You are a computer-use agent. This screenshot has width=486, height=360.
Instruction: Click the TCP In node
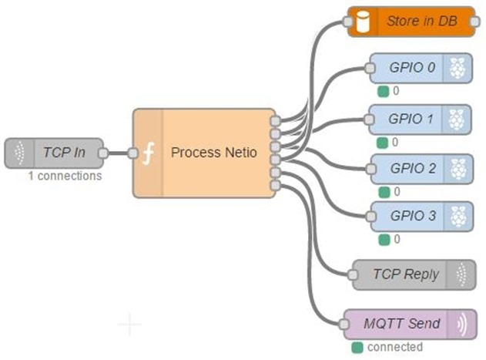tap(57, 153)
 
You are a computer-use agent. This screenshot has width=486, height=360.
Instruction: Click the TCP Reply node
tap(413, 274)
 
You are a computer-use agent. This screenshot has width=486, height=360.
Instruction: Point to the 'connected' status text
tap(394, 347)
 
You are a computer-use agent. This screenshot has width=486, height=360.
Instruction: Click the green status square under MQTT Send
tap(357, 347)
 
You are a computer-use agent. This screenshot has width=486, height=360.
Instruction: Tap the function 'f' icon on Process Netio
tap(149, 153)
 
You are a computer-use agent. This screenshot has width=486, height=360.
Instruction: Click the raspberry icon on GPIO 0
tap(458, 68)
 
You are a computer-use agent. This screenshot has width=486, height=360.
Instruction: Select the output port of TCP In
tap(103, 153)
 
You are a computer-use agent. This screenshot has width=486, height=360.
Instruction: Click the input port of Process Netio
tap(133, 153)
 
